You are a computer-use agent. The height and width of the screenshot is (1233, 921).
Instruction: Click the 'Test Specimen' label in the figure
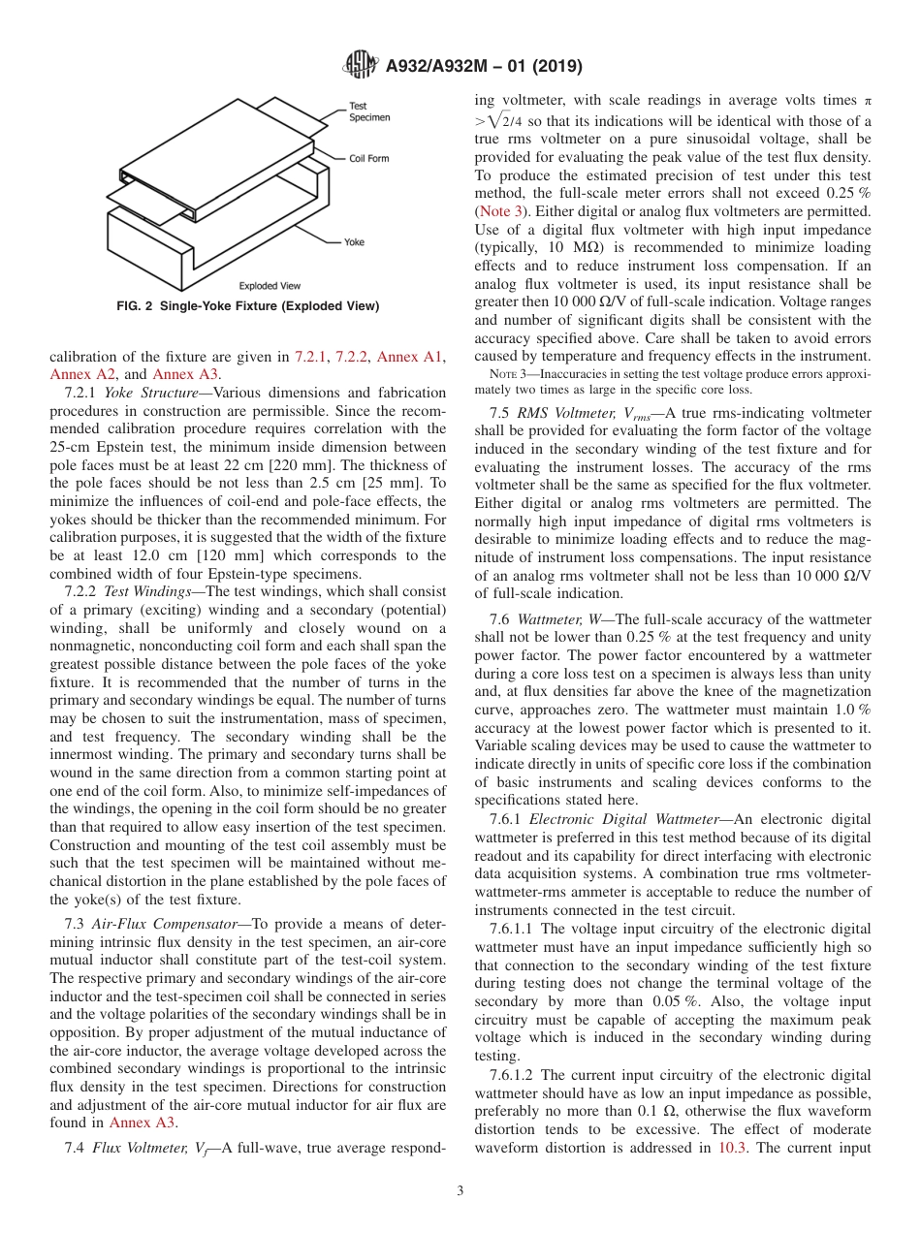369,111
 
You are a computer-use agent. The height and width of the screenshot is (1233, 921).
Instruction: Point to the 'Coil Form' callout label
368,159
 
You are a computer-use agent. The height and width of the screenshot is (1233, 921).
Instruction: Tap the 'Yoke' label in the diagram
354,241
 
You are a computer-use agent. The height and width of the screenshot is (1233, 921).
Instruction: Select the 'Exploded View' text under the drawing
270,286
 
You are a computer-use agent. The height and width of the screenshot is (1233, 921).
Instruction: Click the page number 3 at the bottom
460,1190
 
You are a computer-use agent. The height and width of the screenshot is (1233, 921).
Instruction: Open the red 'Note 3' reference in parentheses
497,211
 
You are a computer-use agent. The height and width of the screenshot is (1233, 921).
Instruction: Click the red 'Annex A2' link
75,373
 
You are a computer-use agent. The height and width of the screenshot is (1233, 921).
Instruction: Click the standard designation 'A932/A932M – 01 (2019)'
484,67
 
